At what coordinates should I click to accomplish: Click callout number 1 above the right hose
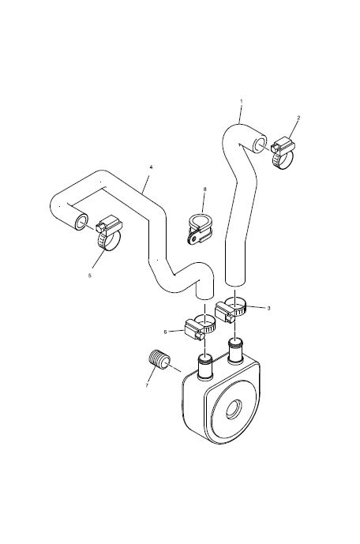pos(242,101)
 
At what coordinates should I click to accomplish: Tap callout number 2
pos(298,118)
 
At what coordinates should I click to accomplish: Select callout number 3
pos(268,308)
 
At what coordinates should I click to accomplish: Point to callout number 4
pos(152,167)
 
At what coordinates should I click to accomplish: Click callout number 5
pos(89,276)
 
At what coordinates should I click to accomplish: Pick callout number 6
pos(166,332)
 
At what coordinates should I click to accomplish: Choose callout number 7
pos(147,385)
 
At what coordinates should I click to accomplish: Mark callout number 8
pos(204,189)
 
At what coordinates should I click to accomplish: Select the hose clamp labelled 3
pos(230,308)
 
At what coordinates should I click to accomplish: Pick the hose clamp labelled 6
pos(200,328)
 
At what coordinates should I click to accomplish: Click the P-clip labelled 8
pos(200,229)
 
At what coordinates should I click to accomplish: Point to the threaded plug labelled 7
pos(159,361)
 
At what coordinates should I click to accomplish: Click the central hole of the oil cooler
pos(234,409)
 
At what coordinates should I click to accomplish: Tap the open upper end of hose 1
pos(260,144)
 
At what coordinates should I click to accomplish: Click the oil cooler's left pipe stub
pos(204,366)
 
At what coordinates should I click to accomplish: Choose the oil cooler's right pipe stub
pos(235,351)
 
